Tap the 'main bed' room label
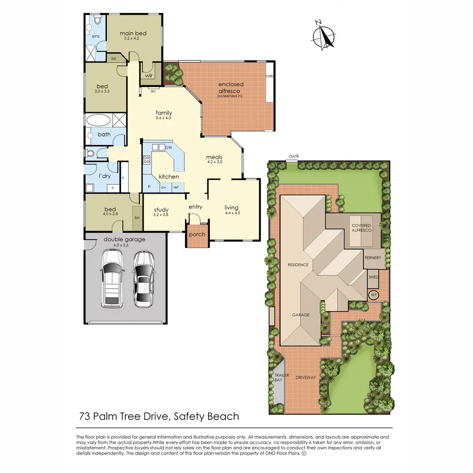(x=133, y=33)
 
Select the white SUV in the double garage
(x=112, y=279)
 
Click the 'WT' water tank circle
(x=374, y=295)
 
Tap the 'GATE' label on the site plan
(x=293, y=156)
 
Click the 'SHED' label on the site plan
(x=373, y=277)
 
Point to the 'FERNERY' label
(x=373, y=258)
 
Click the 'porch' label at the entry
(x=197, y=234)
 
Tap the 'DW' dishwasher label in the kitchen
(x=169, y=148)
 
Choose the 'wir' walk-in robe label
(x=149, y=75)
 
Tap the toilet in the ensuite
(x=97, y=20)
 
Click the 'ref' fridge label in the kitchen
(x=176, y=187)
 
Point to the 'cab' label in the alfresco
(x=269, y=76)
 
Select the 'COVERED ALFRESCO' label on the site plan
(x=361, y=228)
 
